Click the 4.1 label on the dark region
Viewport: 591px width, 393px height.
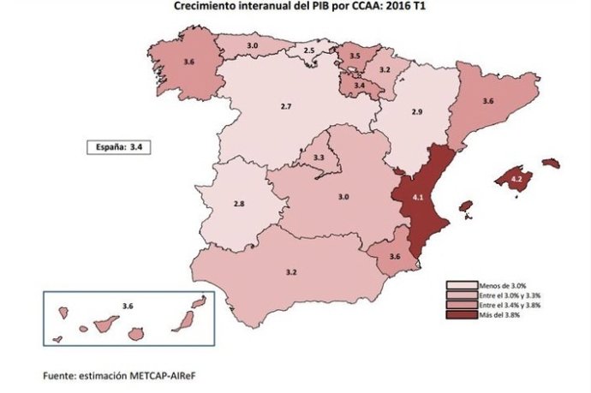[418, 198]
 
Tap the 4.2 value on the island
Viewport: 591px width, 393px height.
[516, 180]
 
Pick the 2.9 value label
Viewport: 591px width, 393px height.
[416, 112]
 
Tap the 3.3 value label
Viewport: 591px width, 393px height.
[319, 158]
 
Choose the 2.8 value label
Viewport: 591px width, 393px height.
[240, 204]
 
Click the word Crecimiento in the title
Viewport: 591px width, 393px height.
[209, 6]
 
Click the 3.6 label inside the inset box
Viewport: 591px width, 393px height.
[128, 306]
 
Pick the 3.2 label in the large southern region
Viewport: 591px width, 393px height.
[290, 272]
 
